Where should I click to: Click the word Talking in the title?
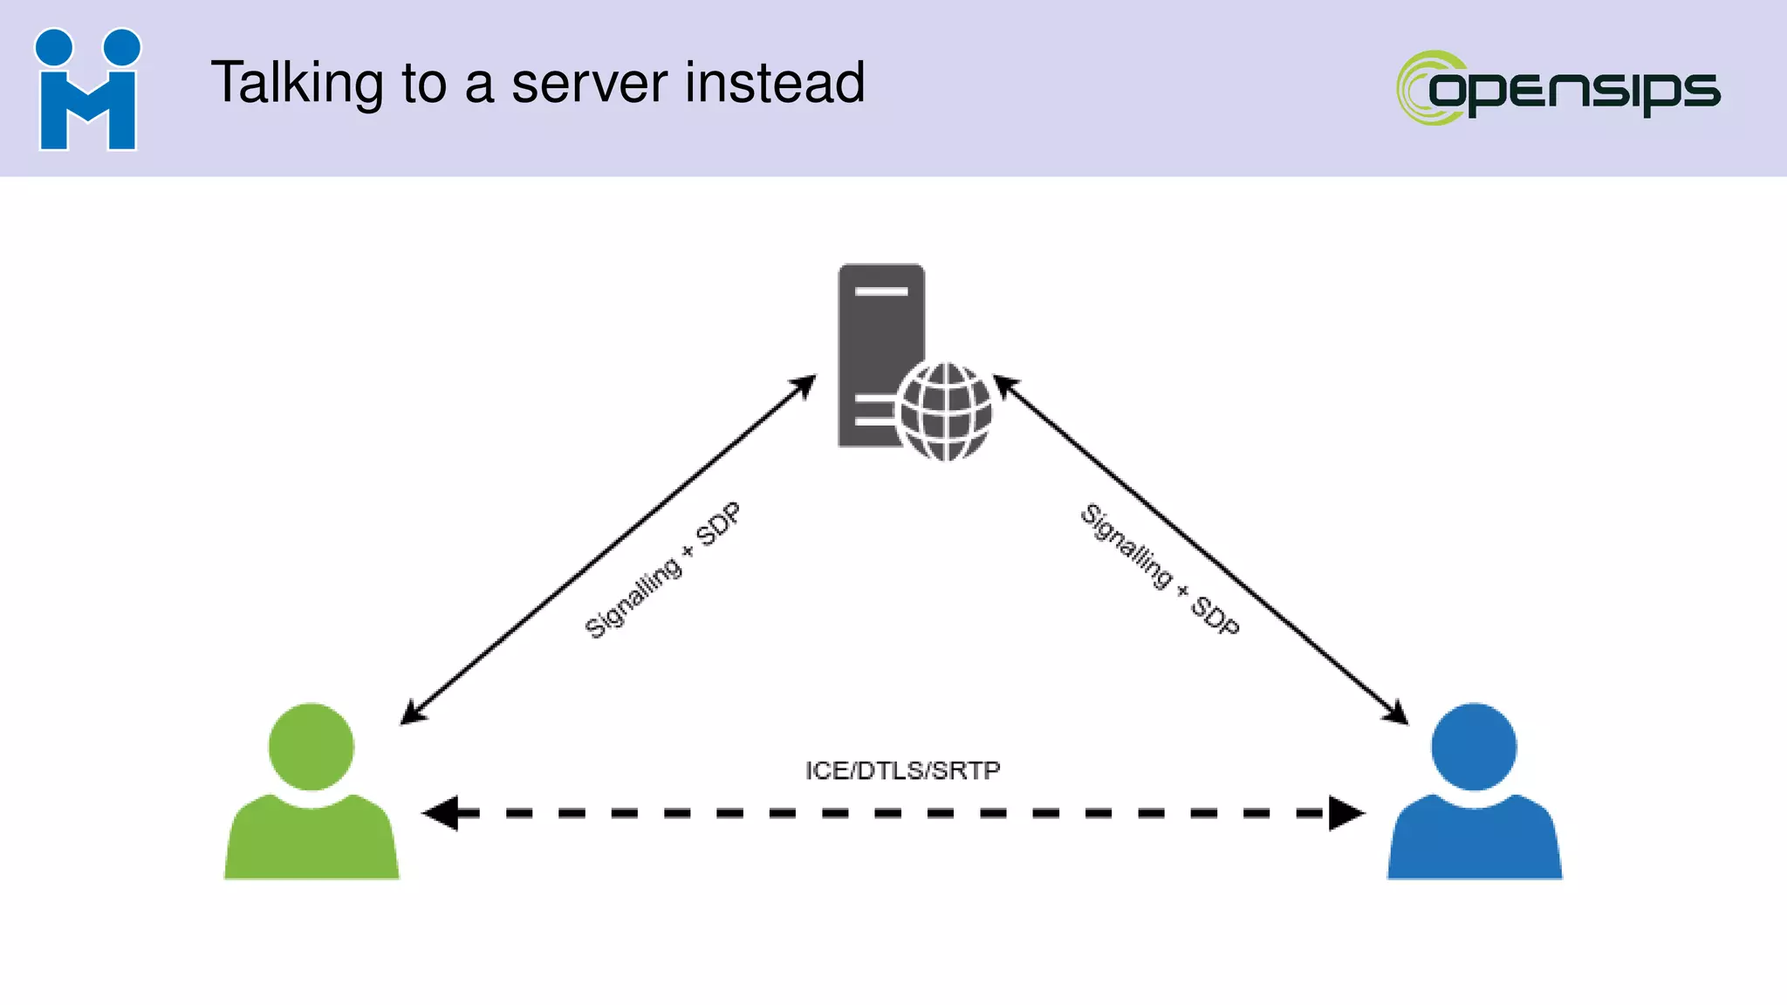[x=297, y=84]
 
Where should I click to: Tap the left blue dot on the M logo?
[x=54, y=47]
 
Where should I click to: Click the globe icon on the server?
[x=946, y=411]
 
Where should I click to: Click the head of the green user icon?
[x=312, y=747]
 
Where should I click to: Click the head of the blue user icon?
[x=1474, y=747]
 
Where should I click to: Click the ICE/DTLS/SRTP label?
[x=902, y=770]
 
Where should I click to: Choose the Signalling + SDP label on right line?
[x=1160, y=569]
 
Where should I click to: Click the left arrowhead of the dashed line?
[x=442, y=813]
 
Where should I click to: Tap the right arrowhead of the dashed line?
[x=1345, y=813]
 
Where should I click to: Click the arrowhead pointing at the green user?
[x=412, y=714]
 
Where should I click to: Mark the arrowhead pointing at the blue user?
[x=1396, y=714]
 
